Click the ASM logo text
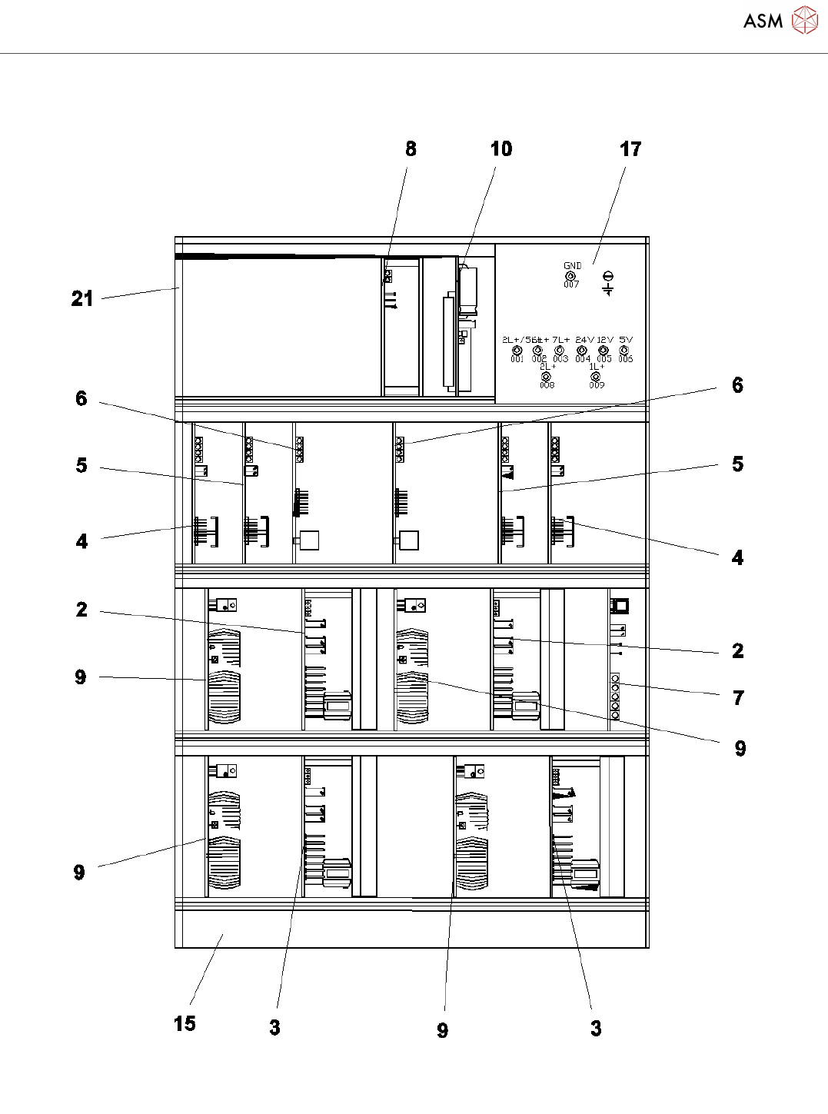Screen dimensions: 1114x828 (x=763, y=21)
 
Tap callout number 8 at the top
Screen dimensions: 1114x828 (x=411, y=149)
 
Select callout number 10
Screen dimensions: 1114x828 (x=500, y=149)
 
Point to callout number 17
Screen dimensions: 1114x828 (x=630, y=149)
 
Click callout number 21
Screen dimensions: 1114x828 (x=82, y=298)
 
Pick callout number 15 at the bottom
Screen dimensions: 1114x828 (x=185, y=1023)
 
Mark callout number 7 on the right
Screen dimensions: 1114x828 (x=738, y=697)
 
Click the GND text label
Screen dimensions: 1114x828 (x=573, y=266)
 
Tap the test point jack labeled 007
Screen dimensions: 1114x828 (x=570, y=276)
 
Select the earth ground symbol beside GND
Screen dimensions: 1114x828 (x=608, y=283)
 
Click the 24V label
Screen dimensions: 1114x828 (x=584, y=340)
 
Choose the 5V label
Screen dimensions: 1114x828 (x=626, y=340)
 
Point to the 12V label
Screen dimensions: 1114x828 (x=605, y=340)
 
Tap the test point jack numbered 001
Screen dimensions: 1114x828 (x=517, y=351)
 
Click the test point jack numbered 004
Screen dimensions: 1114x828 (x=582, y=351)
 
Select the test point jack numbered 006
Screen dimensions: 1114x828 (x=624, y=351)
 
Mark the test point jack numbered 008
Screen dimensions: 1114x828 (x=547, y=377)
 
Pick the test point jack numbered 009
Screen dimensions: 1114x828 (x=596, y=377)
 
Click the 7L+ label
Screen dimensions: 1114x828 (x=561, y=340)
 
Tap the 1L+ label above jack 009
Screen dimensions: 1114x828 (x=597, y=367)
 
